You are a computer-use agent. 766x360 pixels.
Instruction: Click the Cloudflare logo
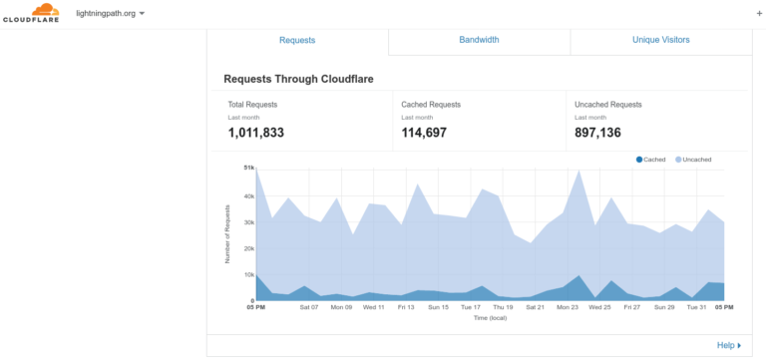tap(31, 13)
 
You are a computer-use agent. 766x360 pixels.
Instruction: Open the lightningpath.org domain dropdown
tap(111, 14)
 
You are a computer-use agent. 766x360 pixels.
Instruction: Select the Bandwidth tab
tap(479, 40)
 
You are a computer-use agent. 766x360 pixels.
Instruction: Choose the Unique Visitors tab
tap(661, 40)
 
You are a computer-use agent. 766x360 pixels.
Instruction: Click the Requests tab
tap(297, 40)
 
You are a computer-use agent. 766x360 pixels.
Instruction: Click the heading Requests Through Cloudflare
tap(298, 79)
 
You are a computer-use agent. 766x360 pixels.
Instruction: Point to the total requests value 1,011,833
tap(255, 133)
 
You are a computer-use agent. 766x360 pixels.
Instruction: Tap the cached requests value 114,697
tap(424, 133)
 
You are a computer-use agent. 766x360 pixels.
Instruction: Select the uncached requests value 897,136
tap(597, 133)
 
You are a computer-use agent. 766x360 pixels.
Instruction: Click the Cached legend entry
tap(650, 160)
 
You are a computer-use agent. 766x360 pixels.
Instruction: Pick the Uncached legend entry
tap(693, 160)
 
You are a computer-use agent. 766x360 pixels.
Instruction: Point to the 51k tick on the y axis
tap(249, 168)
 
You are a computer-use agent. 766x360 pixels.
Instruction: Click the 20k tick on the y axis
tap(249, 248)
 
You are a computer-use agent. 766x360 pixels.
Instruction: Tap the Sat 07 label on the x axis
tap(309, 308)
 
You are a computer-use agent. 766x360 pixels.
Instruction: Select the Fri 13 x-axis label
tap(406, 308)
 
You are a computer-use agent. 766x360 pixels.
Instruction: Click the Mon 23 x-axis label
tap(568, 308)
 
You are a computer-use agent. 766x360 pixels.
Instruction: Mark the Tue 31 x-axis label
tap(696, 308)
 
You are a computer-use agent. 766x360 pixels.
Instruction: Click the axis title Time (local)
tap(490, 318)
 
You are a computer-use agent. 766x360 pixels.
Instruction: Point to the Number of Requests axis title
tap(227, 234)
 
